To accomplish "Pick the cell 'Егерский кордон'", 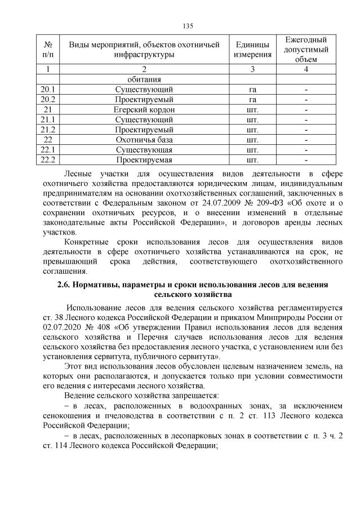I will (x=144, y=109).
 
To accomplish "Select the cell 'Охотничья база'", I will (x=144, y=140).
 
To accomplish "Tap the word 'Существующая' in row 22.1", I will (x=144, y=150).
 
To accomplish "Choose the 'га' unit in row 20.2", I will (x=252, y=99).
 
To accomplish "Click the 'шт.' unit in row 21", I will (x=252, y=109).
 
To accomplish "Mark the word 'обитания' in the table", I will (x=144, y=79).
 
